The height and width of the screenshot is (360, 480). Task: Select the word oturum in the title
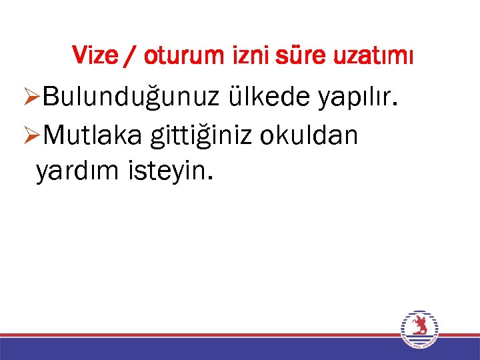[x=181, y=55]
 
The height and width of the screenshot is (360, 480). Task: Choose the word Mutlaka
[x=94, y=135]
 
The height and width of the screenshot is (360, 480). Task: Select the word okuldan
[x=309, y=135]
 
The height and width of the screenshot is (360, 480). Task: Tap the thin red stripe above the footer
[x=200, y=335]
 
